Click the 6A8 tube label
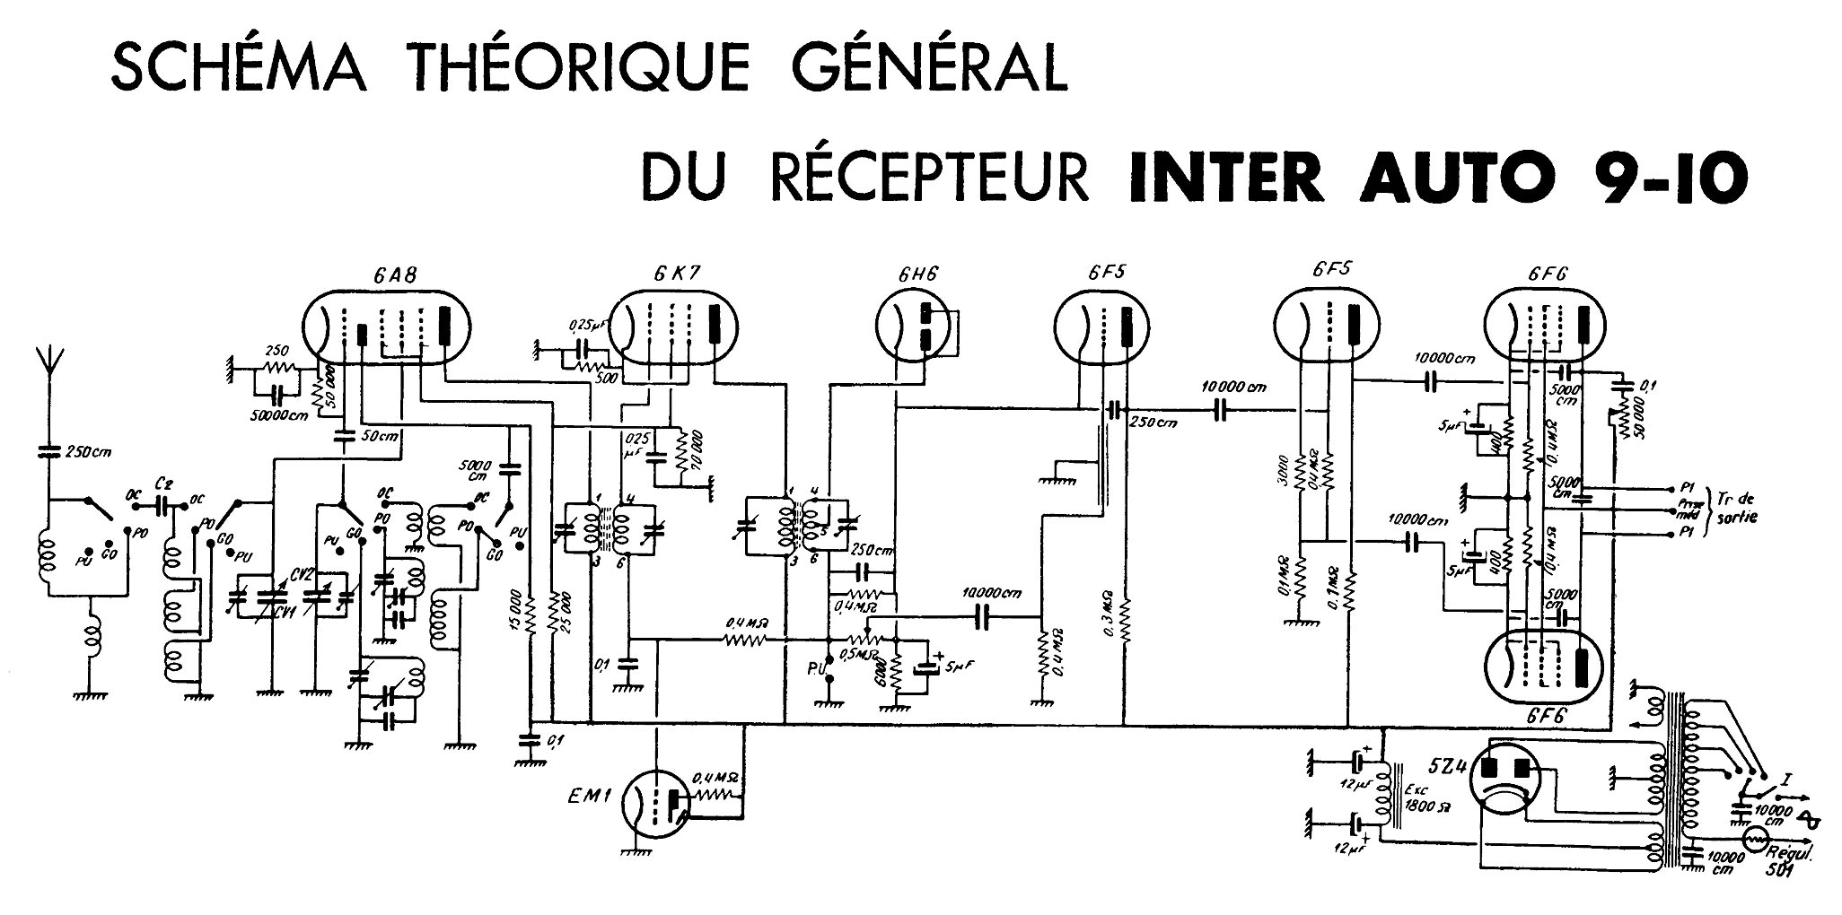pyautogui.click(x=394, y=274)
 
